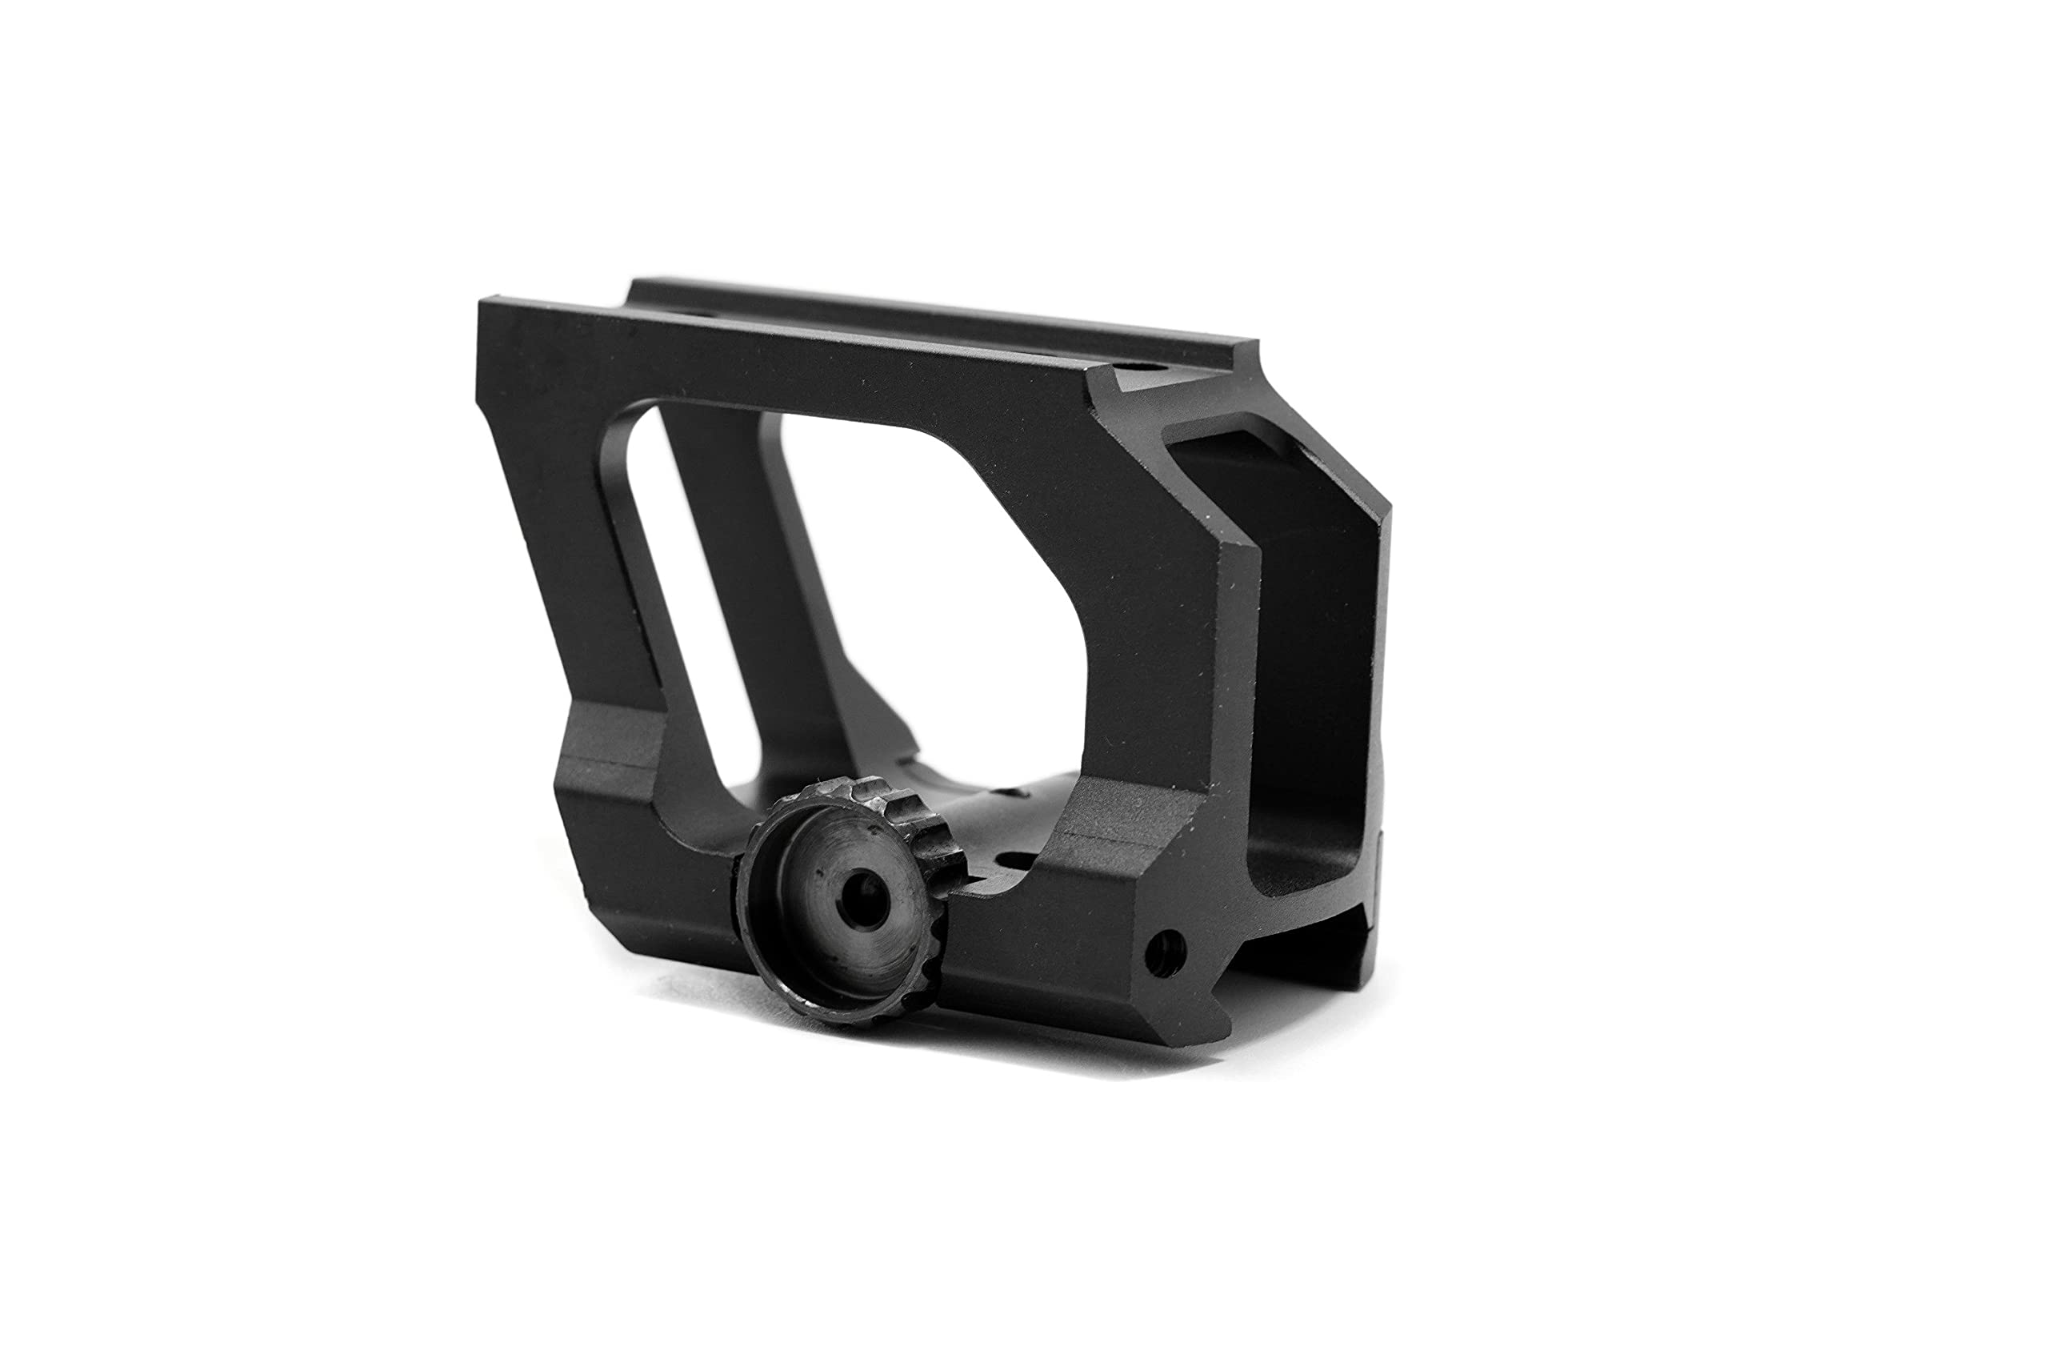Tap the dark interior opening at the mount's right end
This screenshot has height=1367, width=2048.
[1307, 697]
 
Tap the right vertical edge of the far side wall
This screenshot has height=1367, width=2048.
[1386, 697]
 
